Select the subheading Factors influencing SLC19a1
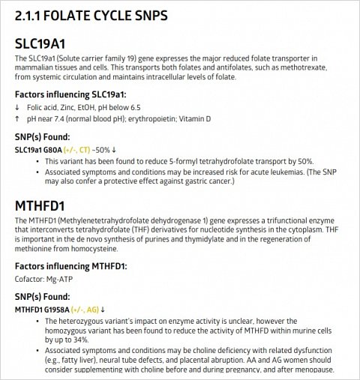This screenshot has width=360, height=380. tap(70, 94)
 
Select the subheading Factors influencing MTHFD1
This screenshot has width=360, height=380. tap(70, 266)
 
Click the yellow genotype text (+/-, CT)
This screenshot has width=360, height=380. tap(78, 149)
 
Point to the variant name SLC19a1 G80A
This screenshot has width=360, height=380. tap(38, 149)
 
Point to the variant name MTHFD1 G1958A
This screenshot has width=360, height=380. tap(41, 309)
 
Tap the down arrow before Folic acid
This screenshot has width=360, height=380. tap(17, 107)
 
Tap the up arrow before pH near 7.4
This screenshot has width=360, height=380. tap(17, 118)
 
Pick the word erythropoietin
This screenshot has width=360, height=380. tap(160, 118)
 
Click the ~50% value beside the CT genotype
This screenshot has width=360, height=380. tap(103, 149)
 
